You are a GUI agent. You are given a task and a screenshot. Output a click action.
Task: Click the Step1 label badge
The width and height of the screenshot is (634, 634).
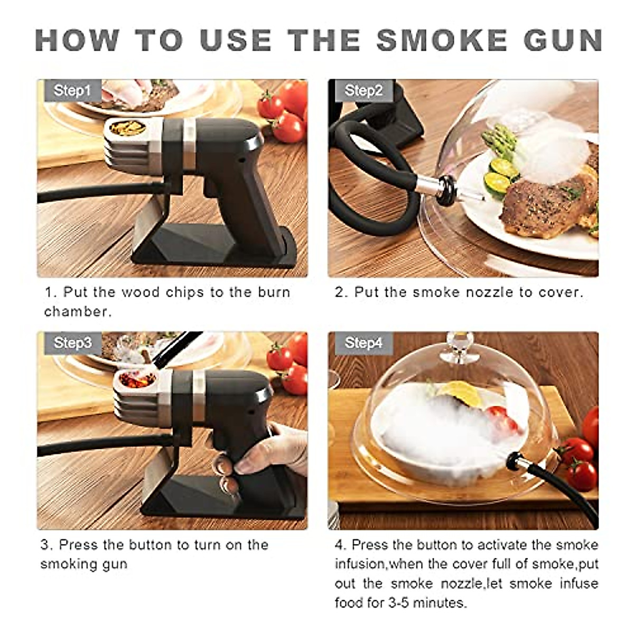[x=72, y=91]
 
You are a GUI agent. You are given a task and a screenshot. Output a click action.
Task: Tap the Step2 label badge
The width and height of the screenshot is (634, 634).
[x=363, y=91]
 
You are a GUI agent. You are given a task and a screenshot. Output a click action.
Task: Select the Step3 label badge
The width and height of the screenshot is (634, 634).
[x=72, y=343]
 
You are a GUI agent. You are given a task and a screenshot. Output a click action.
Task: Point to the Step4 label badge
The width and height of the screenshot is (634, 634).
[x=363, y=343]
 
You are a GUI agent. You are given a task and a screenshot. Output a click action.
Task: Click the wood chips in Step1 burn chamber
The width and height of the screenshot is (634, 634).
[x=127, y=128]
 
